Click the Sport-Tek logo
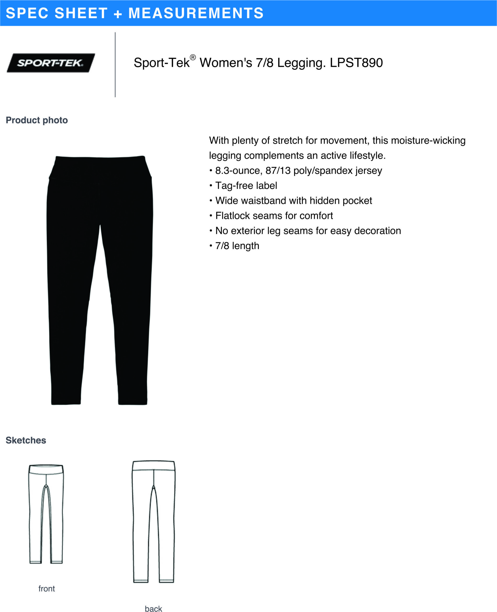pyautogui.click(x=51, y=63)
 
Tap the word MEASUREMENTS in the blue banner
pyautogui.click(x=196, y=13)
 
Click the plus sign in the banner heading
pyautogui.click(x=118, y=14)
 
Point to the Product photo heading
pyautogui.click(x=37, y=120)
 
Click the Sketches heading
pyautogui.click(x=26, y=440)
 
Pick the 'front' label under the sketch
pyautogui.click(x=46, y=589)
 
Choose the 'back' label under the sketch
pyautogui.click(x=153, y=609)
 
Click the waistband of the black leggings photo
pyautogui.click(x=100, y=167)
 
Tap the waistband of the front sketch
pyautogui.click(x=46, y=469)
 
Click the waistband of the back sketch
pyautogui.click(x=153, y=465)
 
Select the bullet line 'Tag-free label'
pyautogui.click(x=246, y=186)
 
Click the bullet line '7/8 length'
pyautogui.click(x=237, y=246)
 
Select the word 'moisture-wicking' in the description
pyautogui.click(x=428, y=140)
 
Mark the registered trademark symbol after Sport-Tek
pyautogui.click(x=193, y=57)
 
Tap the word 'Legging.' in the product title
pyautogui.click(x=301, y=63)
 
